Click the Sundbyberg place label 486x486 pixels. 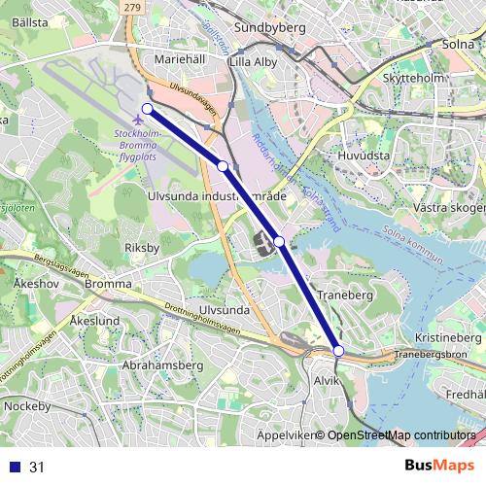coord(269,28)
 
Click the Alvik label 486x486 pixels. coord(328,381)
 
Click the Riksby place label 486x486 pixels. coord(142,247)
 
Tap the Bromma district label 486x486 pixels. coord(102,287)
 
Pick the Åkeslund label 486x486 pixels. coord(94,319)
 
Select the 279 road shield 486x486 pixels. coord(133,7)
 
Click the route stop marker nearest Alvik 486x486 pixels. coord(338,350)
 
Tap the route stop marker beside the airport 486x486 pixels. coord(147,109)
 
